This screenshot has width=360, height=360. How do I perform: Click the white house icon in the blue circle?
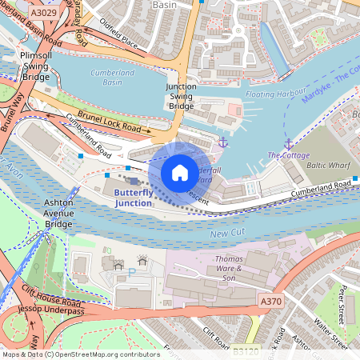click(x=180, y=172)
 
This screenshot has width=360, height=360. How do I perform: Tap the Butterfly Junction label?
click(x=133, y=198)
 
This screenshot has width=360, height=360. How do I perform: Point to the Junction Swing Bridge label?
click(x=181, y=96)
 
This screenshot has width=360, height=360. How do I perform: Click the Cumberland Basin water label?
click(x=111, y=78)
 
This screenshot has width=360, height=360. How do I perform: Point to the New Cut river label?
click(x=226, y=234)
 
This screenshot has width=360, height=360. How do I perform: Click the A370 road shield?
click(x=271, y=300)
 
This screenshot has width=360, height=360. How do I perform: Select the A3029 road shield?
click(x=43, y=14)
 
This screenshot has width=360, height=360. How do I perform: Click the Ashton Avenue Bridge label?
click(x=58, y=214)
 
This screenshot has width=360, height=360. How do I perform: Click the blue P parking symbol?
click(x=131, y=272)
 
